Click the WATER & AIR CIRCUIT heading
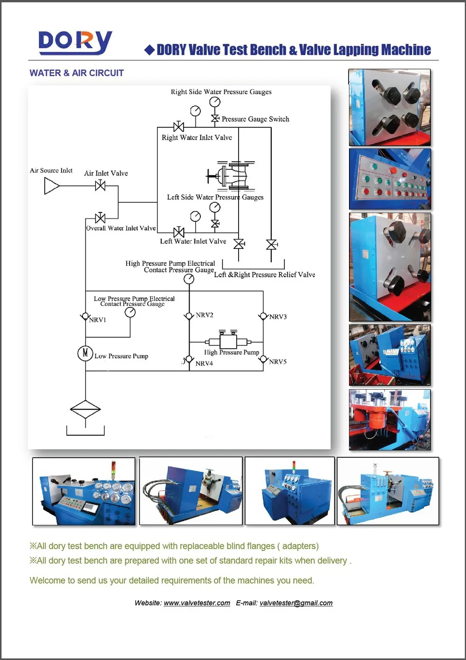click(x=76, y=73)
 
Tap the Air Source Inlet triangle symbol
click(x=51, y=186)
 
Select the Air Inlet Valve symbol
click(x=100, y=186)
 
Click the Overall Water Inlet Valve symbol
click(x=100, y=218)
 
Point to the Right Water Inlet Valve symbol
click(x=178, y=127)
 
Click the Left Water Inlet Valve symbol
click(x=178, y=232)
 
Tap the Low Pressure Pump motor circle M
click(x=85, y=353)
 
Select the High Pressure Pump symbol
click(x=228, y=342)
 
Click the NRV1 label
click(x=98, y=320)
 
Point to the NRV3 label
click(x=278, y=317)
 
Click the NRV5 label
click(x=278, y=362)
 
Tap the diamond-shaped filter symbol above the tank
click(x=85, y=410)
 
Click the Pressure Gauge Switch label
click(x=255, y=119)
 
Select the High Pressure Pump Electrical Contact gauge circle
click(x=189, y=279)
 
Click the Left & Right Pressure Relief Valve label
click(x=264, y=275)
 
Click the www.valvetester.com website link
click(x=197, y=603)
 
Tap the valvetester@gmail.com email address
click(x=296, y=603)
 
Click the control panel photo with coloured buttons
click(x=390, y=179)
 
